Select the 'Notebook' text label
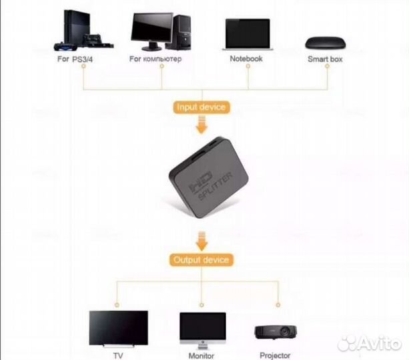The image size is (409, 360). pos(246,59)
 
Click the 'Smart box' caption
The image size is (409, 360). pos(326,59)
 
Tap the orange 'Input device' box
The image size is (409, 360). pos(201,107)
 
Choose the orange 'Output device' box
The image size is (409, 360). pos(201,259)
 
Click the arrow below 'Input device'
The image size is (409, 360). pos(201,125)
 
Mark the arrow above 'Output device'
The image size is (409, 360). pos(201,238)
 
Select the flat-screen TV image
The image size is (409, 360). pos(118,327)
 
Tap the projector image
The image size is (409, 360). pos(274,331)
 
